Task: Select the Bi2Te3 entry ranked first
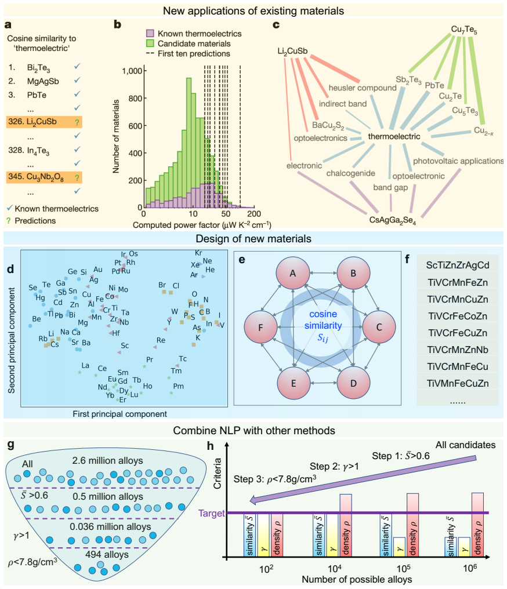click(x=38, y=68)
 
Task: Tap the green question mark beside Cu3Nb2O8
click(x=77, y=177)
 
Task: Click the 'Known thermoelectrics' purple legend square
click(x=150, y=34)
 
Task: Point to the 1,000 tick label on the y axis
click(x=132, y=71)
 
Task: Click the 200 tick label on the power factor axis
click(x=254, y=214)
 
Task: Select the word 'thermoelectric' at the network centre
click(x=394, y=136)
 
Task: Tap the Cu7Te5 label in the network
click(x=464, y=30)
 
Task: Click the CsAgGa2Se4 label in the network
click(x=392, y=220)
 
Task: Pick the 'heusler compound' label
click(x=363, y=88)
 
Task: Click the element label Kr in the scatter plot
click(x=198, y=253)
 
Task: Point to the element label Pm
click(x=179, y=386)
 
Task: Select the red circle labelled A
click(x=293, y=273)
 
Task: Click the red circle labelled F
click(x=261, y=327)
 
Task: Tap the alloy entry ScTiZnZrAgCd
click(x=458, y=265)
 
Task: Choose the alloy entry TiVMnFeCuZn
click(x=458, y=384)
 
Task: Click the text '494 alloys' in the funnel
click(x=107, y=554)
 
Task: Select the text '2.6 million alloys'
click(x=107, y=460)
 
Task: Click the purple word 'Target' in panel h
click(x=212, y=514)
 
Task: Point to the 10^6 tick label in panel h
click(x=470, y=568)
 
